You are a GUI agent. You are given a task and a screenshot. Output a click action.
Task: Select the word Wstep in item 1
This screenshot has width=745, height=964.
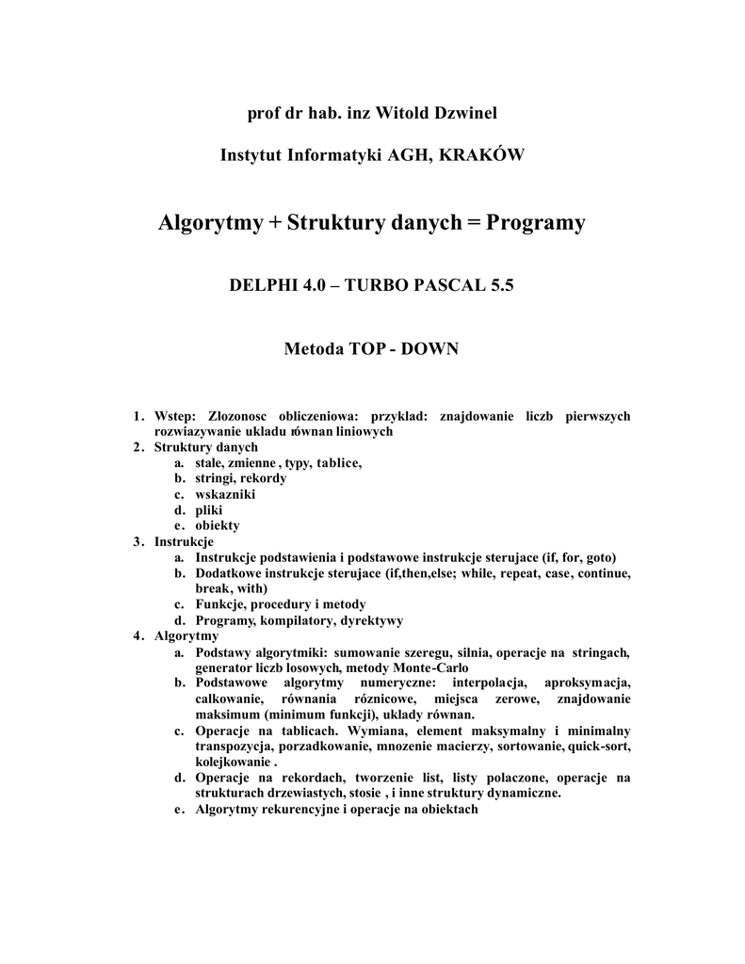tap(174, 415)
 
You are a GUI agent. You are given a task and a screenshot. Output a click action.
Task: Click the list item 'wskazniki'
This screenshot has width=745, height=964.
tap(225, 493)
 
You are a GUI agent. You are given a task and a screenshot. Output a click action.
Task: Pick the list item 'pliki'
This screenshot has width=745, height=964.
tap(209, 509)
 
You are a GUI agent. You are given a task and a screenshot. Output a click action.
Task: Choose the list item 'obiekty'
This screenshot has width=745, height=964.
tap(218, 525)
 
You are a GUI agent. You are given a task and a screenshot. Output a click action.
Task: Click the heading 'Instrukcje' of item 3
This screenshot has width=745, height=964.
tap(184, 541)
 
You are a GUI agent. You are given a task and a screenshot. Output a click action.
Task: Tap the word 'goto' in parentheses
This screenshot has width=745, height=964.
tap(601, 557)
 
